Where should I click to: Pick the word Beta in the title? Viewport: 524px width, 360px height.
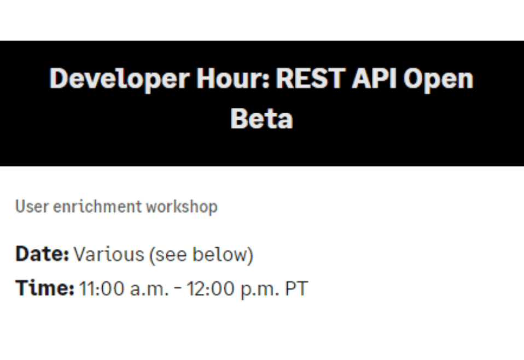click(261, 118)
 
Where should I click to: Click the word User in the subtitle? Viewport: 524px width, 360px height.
click(28, 207)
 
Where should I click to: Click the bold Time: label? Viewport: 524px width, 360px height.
click(44, 288)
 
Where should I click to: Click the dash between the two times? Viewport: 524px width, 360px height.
click(178, 288)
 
